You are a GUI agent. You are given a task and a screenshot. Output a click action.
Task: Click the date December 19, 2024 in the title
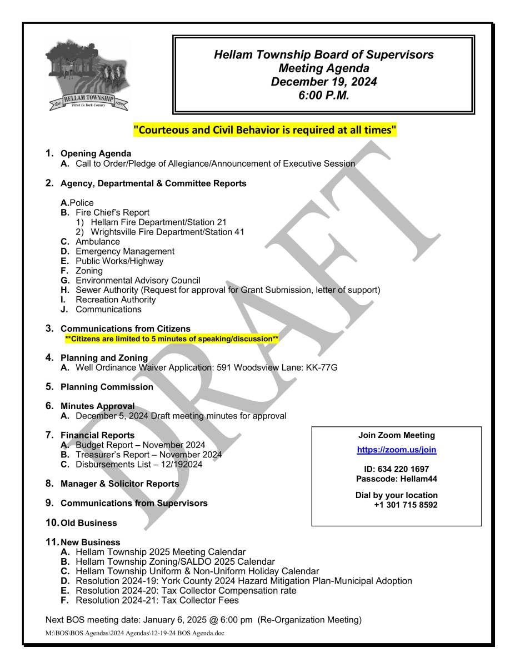(323, 81)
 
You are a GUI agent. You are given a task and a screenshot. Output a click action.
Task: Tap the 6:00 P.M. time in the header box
(323, 94)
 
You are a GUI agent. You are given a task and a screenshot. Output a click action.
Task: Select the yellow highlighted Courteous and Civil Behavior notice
(265, 131)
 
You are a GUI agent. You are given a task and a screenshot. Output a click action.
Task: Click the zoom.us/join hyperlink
(396, 450)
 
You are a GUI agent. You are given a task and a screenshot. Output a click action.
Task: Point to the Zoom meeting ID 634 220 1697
(396, 469)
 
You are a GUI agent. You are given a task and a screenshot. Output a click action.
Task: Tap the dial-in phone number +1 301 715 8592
(406, 505)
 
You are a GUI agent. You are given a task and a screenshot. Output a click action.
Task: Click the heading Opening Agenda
(96, 153)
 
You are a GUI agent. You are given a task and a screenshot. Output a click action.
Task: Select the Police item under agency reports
(81, 203)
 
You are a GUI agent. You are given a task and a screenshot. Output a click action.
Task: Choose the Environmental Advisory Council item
(138, 281)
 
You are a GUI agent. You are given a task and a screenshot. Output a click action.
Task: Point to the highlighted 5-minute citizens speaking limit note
(172, 339)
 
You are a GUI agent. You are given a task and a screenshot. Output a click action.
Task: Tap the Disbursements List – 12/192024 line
(139, 464)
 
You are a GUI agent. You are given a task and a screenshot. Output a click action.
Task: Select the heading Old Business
(89, 523)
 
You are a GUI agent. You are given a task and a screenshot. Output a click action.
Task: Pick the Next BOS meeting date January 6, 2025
(203, 620)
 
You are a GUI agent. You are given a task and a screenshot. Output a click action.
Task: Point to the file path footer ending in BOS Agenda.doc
(134, 633)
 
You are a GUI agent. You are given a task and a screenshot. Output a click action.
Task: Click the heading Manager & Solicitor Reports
(119, 484)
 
